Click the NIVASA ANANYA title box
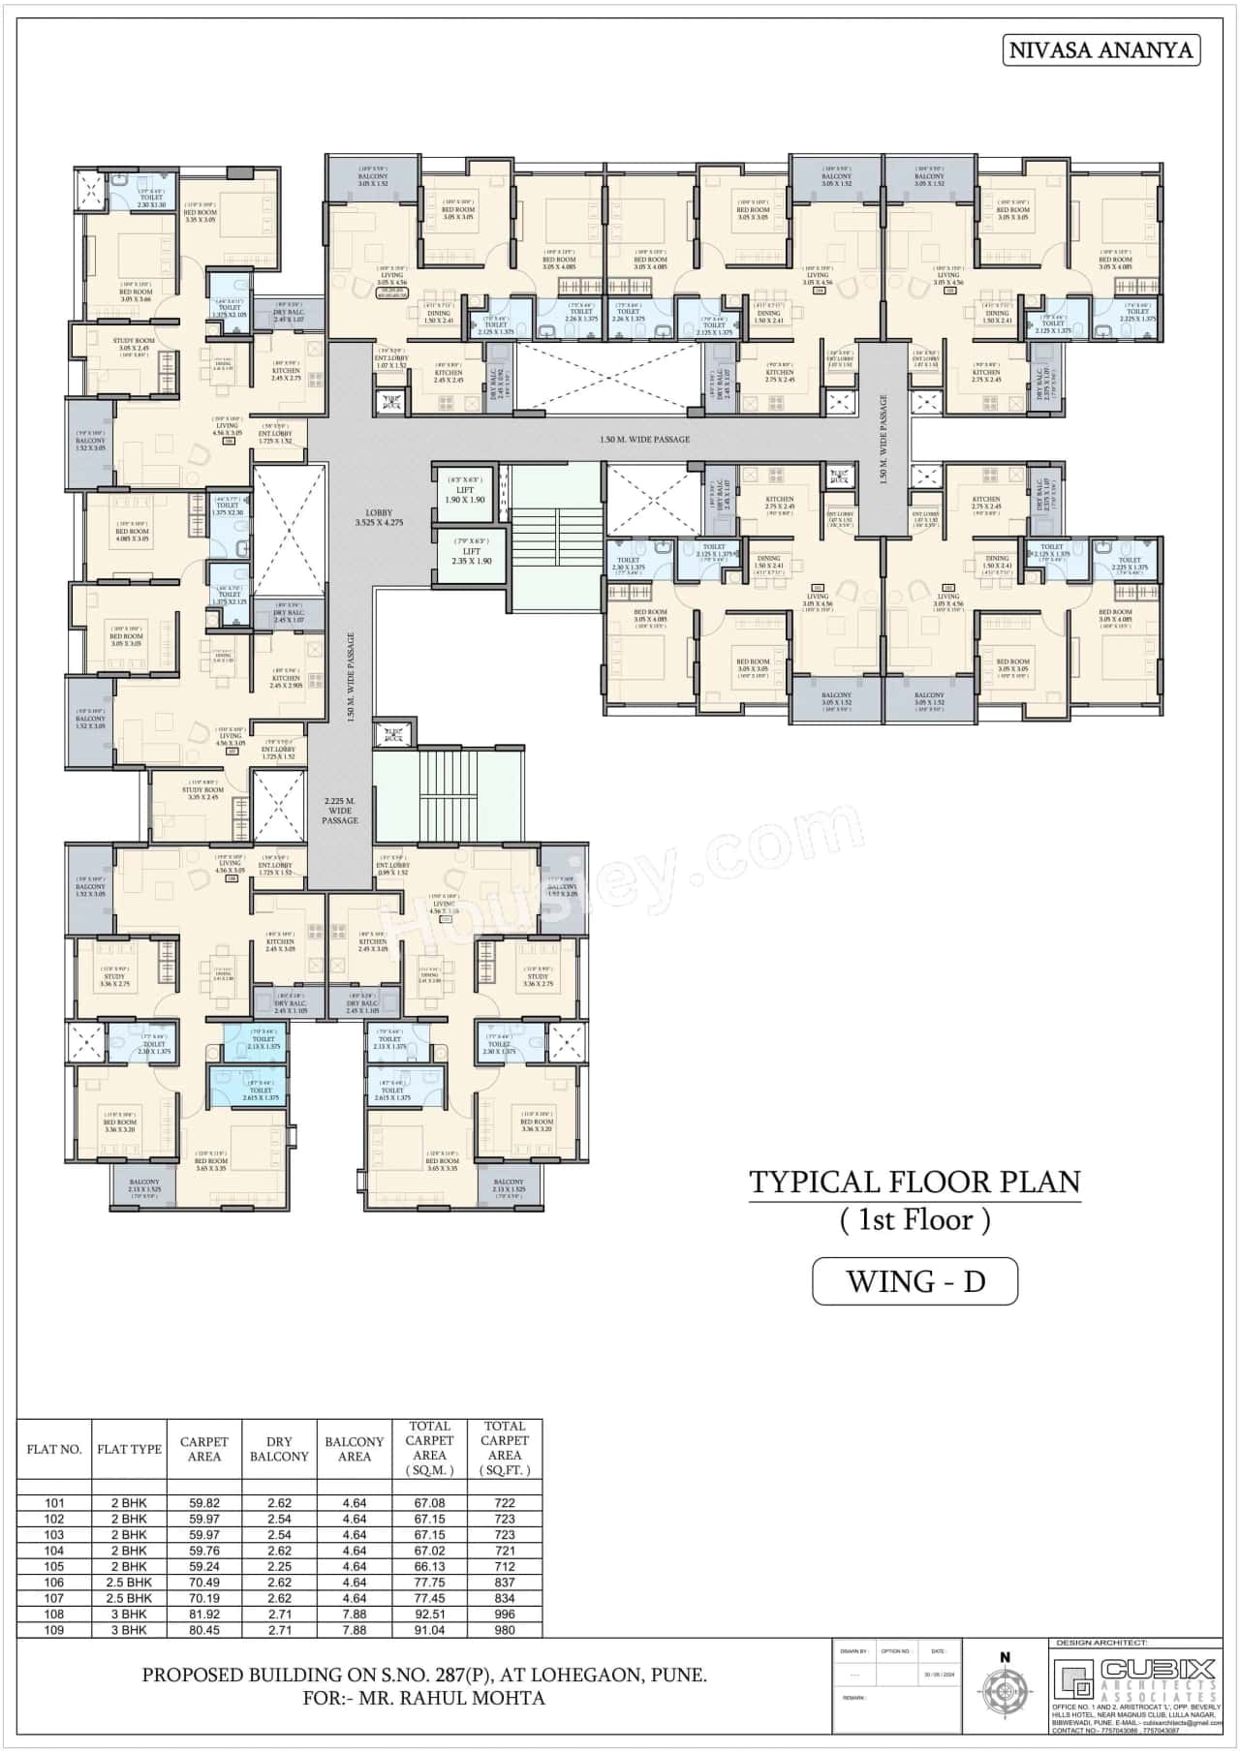[x=1100, y=50]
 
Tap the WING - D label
[x=914, y=1281]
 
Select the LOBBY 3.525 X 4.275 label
[x=378, y=517]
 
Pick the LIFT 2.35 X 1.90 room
[x=471, y=555]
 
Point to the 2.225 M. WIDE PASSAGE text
[x=340, y=811]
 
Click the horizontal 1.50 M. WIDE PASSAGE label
[x=645, y=440]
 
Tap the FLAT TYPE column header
[x=129, y=1450]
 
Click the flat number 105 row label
[x=54, y=1566]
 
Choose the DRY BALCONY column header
[x=279, y=1450]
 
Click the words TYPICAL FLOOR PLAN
[x=914, y=1183]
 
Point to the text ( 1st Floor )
[x=914, y=1220]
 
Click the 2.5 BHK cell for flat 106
[x=129, y=1583]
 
